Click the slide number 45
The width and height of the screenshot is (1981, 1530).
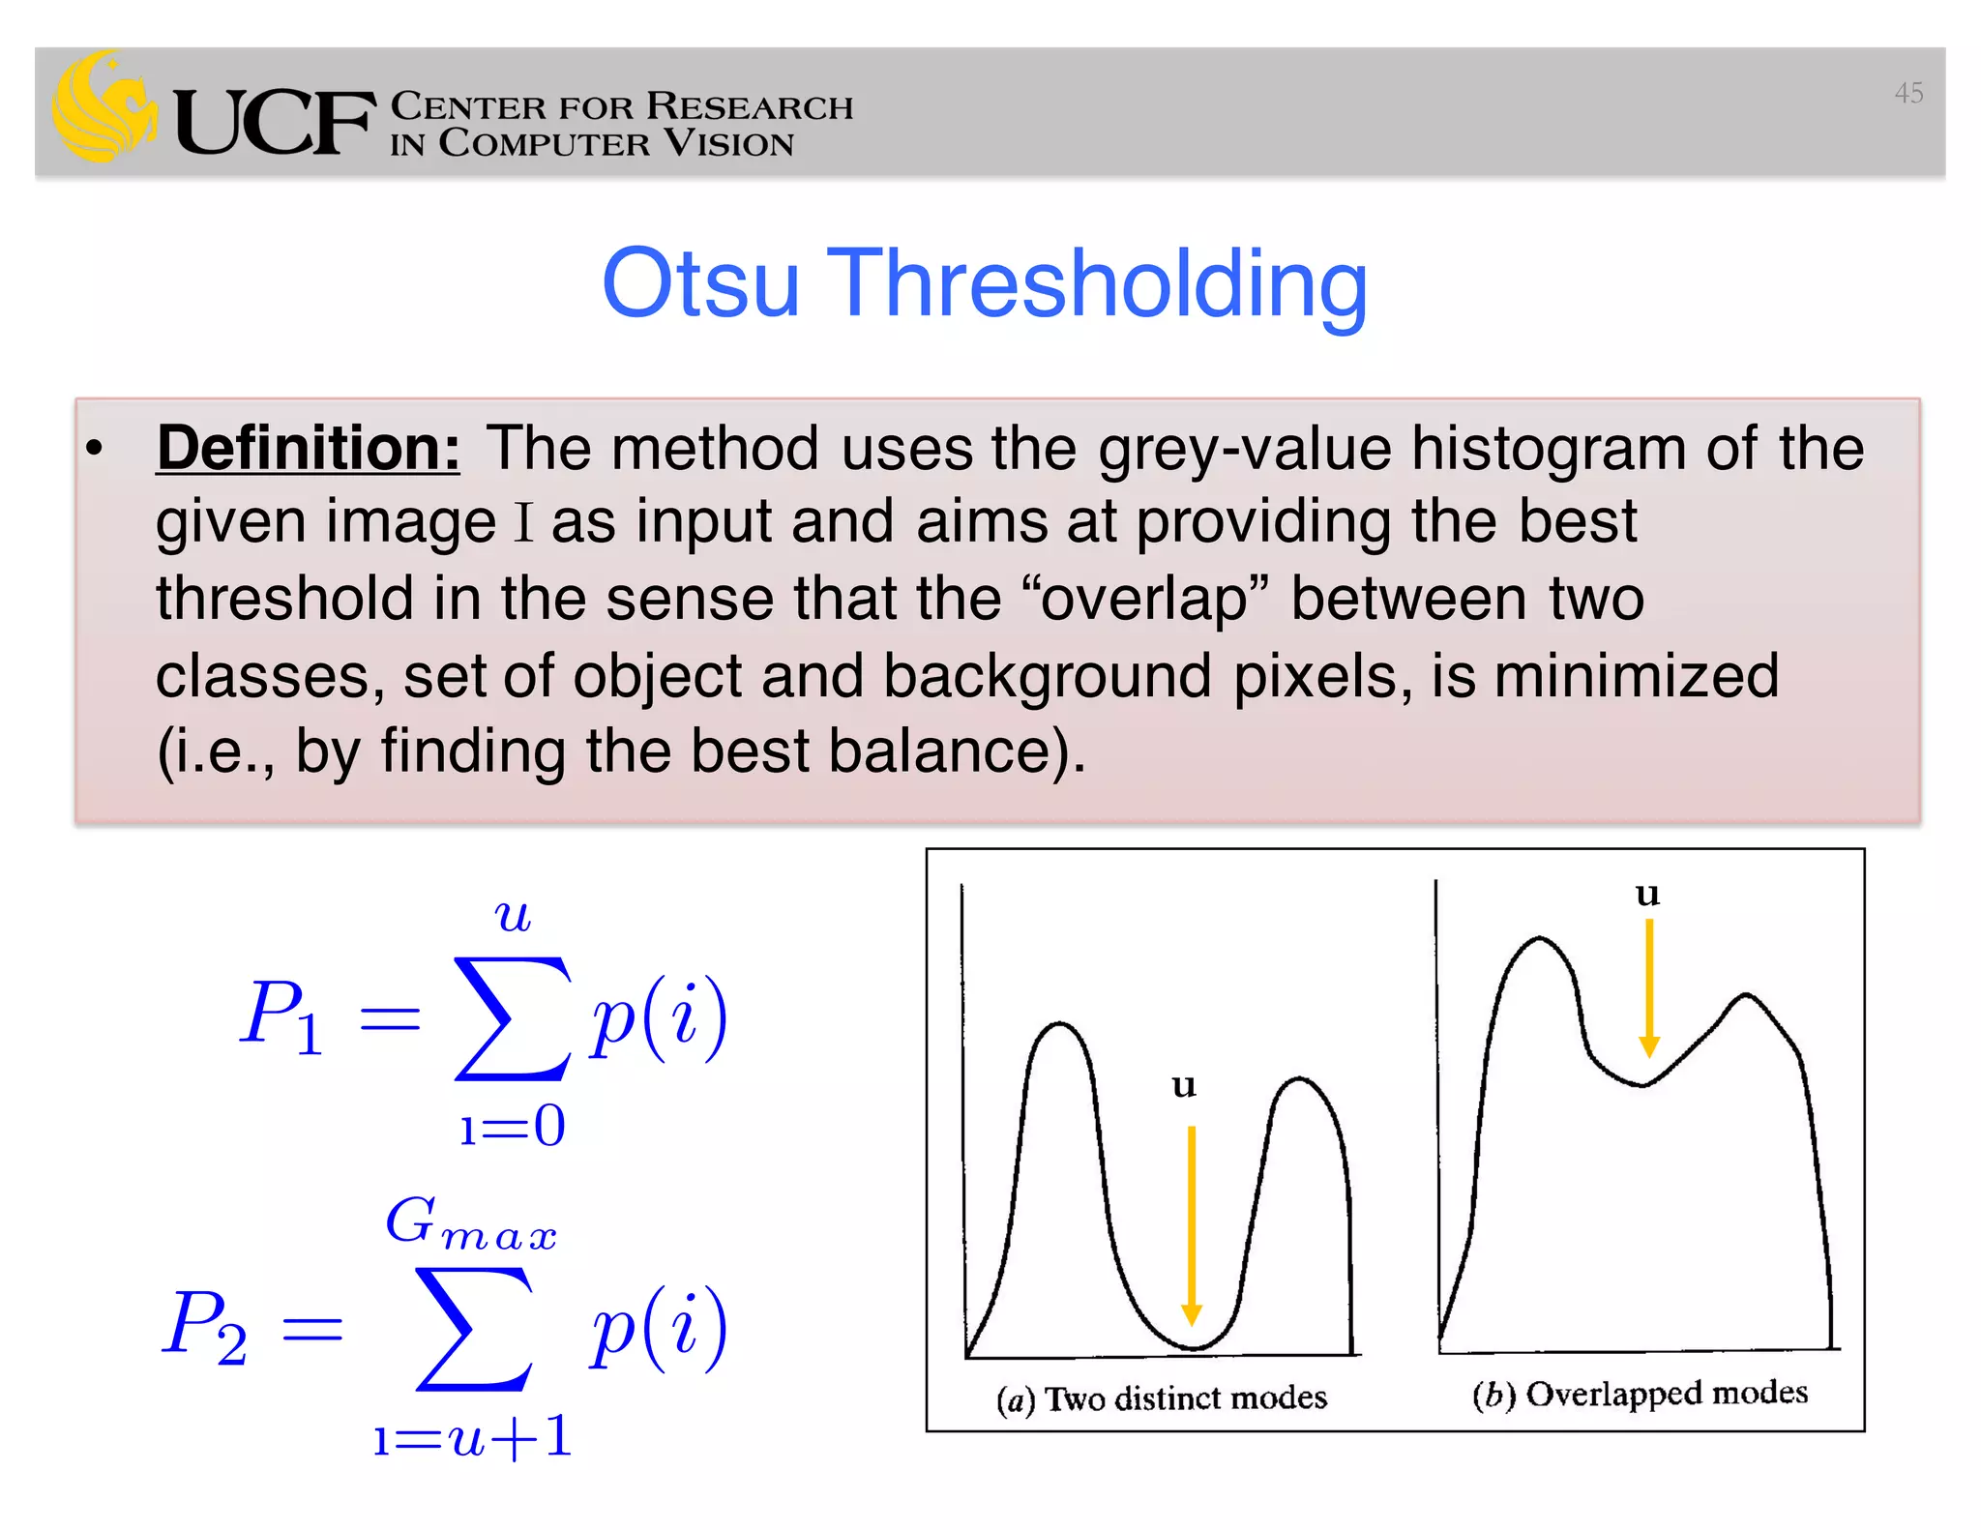[x=1907, y=93]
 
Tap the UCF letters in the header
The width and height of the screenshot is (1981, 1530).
[x=275, y=122]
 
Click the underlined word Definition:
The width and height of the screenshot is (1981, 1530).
[x=308, y=449]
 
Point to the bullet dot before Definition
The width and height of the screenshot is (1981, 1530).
[x=94, y=448]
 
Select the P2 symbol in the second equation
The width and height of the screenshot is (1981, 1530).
[x=204, y=1326]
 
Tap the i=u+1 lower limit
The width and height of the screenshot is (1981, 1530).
[x=473, y=1437]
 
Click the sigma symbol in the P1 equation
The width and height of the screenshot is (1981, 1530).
[x=512, y=1018]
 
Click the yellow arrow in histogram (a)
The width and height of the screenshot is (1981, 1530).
[x=1192, y=1223]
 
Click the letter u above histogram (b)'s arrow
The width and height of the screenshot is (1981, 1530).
[x=1647, y=894]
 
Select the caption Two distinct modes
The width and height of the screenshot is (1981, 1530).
[x=1186, y=1398]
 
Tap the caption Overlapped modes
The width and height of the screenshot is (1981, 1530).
[x=1666, y=1394]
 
